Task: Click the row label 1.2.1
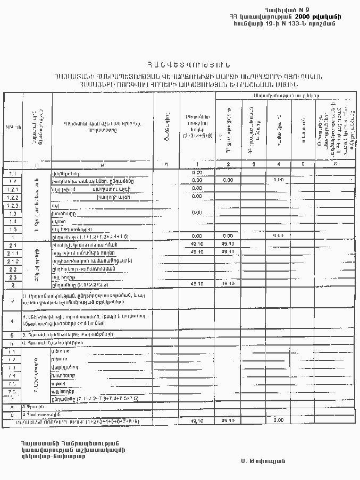click(x=13, y=189)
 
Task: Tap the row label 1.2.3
click(x=13, y=205)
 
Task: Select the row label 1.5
click(x=13, y=229)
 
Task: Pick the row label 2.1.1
click(x=13, y=252)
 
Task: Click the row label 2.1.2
click(x=13, y=261)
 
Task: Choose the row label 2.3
click(x=13, y=277)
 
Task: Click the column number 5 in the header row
click(x=302, y=164)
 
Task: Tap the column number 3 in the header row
click(x=254, y=164)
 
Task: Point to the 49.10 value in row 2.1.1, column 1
click(x=197, y=252)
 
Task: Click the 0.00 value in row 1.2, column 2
click(x=228, y=180)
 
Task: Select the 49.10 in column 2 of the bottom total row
click(x=228, y=420)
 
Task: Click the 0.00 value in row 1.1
click(x=197, y=173)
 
